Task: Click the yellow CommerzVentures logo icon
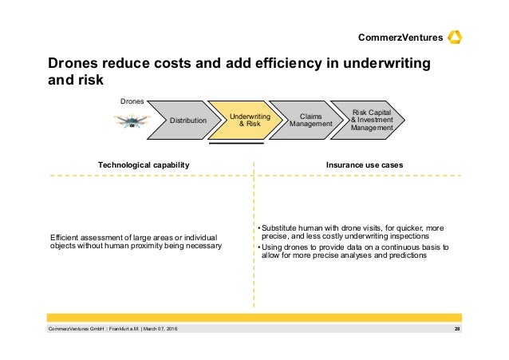point(456,37)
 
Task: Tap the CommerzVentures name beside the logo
point(401,38)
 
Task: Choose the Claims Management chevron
point(303,121)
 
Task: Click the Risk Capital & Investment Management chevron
point(370,121)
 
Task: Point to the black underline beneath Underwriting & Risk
point(237,144)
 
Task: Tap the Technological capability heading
point(144,164)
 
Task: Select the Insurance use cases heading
point(364,164)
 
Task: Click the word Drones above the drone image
point(131,101)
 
